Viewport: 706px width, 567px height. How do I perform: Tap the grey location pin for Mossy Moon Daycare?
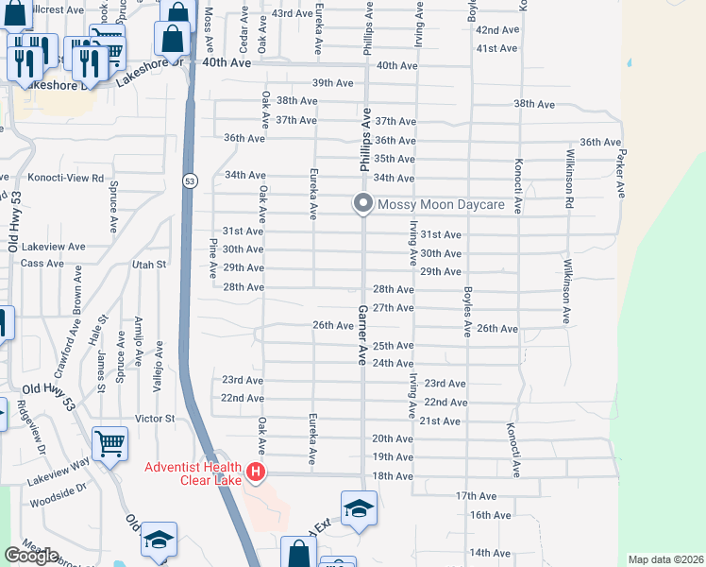coord(362,203)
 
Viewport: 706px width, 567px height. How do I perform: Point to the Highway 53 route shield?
coord(191,180)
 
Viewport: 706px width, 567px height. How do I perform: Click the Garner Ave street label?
coord(361,335)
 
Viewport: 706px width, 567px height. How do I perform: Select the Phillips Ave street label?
coord(364,139)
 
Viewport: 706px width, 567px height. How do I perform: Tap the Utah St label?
coord(149,265)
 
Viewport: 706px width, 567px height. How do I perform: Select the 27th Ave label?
coord(394,308)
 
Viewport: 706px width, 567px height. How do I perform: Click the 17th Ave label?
coord(476,496)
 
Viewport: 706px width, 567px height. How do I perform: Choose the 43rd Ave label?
coord(292,13)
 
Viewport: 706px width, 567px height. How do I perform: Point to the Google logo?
coord(31,556)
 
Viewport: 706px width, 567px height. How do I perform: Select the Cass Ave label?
coord(41,263)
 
